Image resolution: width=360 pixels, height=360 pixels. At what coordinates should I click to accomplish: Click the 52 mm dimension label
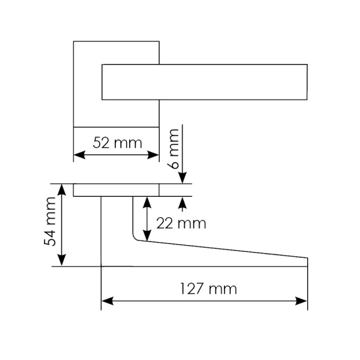click(117, 143)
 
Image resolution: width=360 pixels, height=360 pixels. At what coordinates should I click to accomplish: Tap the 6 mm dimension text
click(174, 149)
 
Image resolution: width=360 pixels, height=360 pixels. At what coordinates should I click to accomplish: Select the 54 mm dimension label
click(50, 222)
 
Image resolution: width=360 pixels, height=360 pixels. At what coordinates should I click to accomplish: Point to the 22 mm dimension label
click(181, 223)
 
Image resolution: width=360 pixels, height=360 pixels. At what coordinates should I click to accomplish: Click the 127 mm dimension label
click(209, 289)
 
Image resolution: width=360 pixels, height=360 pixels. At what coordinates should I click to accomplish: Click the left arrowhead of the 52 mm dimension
click(79, 155)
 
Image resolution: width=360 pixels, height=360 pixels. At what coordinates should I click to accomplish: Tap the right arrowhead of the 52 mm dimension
click(153, 155)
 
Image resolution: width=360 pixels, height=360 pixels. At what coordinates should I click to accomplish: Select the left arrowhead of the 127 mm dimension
click(107, 301)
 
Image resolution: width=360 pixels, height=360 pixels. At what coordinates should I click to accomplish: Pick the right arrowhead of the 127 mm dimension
click(301, 301)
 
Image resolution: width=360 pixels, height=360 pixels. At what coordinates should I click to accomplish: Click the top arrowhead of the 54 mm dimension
click(62, 190)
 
